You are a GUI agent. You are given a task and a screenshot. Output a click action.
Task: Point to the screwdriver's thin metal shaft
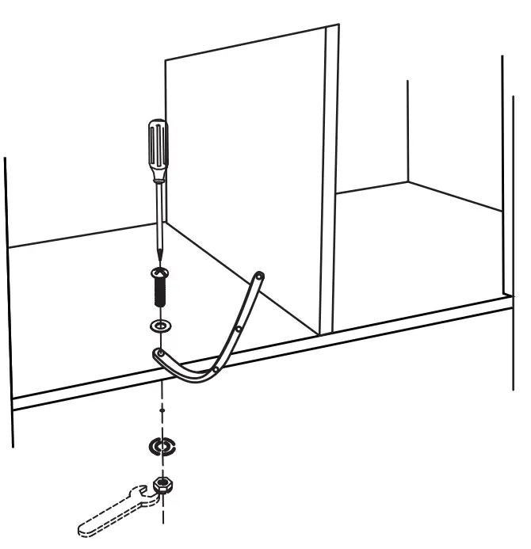[159, 214]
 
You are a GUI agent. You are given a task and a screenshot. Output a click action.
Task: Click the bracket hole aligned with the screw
[161, 352]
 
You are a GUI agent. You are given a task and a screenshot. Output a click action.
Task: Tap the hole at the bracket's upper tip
[260, 276]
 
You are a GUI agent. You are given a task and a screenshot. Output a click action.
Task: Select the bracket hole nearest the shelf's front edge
[216, 368]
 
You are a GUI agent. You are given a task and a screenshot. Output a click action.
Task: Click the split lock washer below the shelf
[162, 447]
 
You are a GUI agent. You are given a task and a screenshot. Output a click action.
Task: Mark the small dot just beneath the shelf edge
[162, 410]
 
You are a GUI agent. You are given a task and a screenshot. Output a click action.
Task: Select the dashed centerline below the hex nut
[164, 515]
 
